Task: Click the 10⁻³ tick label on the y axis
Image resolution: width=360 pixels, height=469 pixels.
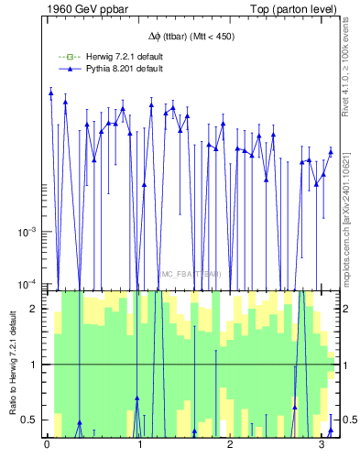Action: point(25,232)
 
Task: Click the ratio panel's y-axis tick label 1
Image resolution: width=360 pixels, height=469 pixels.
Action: point(32,365)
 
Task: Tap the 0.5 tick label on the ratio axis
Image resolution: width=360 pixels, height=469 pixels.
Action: point(28,420)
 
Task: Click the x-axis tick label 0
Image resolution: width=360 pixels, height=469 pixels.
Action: point(47,446)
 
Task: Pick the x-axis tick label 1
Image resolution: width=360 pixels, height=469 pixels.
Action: point(138,446)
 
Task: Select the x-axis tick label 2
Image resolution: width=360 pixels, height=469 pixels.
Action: point(230,446)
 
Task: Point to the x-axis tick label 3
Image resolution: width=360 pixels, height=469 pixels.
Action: point(321,446)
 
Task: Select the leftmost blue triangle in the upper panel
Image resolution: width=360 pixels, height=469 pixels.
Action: point(51,93)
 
